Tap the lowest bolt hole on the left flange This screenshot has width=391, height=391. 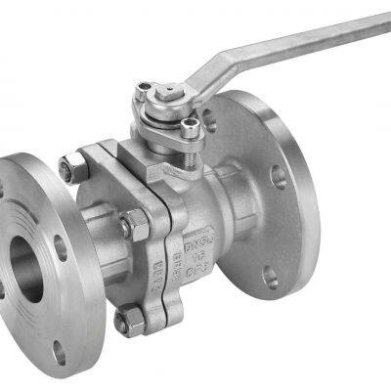tap(60, 353)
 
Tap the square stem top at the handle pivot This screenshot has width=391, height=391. tap(166, 90)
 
